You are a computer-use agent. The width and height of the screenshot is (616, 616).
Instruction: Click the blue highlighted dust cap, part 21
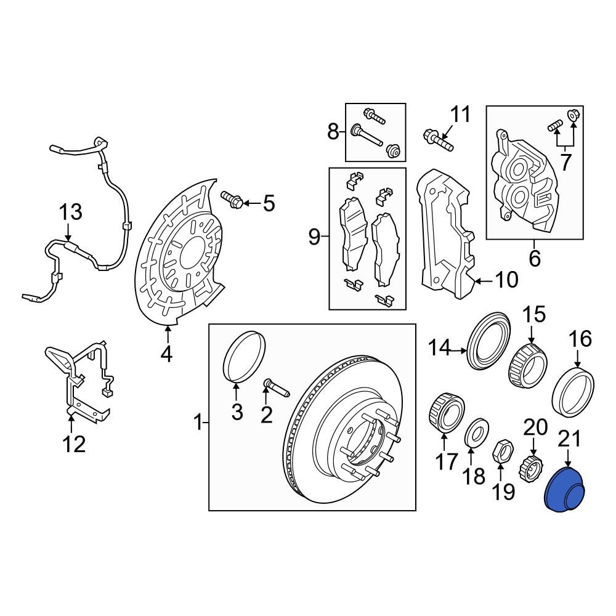tap(565, 490)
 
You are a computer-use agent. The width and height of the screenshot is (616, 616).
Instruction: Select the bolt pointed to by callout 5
tap(232, 199)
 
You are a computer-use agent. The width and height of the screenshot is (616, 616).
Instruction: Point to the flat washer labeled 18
tap(476, 432)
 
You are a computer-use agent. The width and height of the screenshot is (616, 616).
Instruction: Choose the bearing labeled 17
tap(445, 413)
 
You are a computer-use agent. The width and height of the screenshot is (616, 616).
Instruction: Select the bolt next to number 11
tap(438, 140)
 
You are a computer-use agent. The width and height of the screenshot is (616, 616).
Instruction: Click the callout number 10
tap(506, 280)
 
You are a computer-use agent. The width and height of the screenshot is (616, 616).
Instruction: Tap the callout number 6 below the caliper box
tap(535, 258)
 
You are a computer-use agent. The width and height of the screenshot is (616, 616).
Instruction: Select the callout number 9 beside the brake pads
tap(314, 237)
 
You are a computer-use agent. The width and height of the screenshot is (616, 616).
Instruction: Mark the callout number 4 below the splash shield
tap(166, 354)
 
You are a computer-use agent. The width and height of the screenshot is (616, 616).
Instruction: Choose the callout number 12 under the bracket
tap(74, 444)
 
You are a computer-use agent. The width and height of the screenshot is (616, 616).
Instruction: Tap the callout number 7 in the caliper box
tap(565, 163)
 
